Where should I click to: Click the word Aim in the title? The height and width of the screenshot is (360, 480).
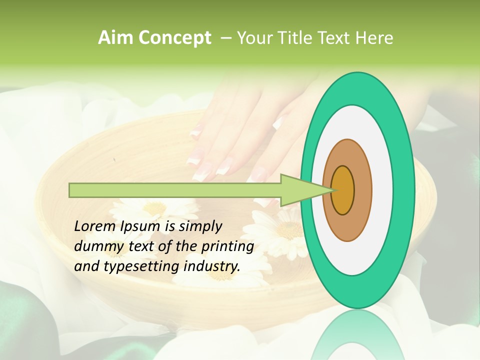(116, 38)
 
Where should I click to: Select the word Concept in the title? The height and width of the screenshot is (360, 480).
(174, 38)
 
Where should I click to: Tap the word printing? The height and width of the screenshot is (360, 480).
(227, 246)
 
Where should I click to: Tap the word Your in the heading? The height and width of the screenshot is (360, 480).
(252, 38)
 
